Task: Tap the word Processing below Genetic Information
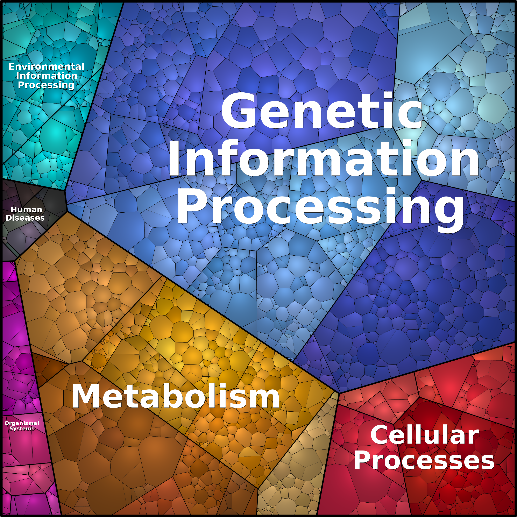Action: pyautogui.click(x=320, y=207)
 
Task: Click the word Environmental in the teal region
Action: pyautogui.click(x=46, y=66)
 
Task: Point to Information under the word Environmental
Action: pyautogui.click(x=47, y=76)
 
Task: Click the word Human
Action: pyautogui.click(x=27, y=210)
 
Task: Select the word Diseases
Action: pyautogui.click(x=25, y=218)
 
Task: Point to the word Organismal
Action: pyautogui.click(x=22, y=423)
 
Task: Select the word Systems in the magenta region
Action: pyautogui.click(x=22, y=429)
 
